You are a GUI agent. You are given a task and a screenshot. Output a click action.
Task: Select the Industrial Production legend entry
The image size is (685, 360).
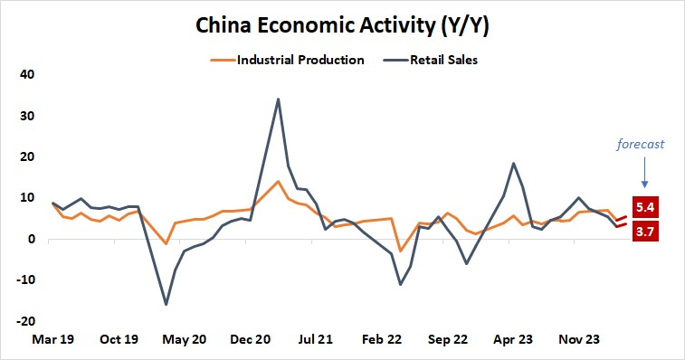(300, 61)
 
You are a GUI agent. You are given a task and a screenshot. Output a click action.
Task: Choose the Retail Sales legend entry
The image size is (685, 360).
(443, 61)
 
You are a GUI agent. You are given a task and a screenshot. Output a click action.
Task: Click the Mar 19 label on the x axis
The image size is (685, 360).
(53, 340)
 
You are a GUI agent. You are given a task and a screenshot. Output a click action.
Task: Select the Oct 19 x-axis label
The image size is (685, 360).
(119, 340)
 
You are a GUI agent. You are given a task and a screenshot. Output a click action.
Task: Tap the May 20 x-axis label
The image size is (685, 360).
(185, 340)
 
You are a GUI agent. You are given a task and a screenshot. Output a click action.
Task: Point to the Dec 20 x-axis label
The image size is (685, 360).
(251, 340)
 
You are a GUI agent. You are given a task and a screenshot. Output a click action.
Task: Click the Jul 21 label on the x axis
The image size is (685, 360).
(316, 340)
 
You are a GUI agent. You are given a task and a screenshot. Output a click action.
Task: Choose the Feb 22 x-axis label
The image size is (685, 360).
(382, 340)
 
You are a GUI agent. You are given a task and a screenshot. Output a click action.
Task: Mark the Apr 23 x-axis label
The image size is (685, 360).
(513, 340)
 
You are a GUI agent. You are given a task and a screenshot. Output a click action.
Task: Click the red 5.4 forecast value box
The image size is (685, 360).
(646, 207)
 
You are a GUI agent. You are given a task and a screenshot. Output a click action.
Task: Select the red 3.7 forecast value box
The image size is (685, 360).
(646, 232)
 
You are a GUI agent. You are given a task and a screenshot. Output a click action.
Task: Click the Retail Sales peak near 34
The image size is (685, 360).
(278, 99)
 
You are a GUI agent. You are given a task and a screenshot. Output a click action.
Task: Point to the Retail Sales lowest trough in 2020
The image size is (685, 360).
(166, 304)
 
